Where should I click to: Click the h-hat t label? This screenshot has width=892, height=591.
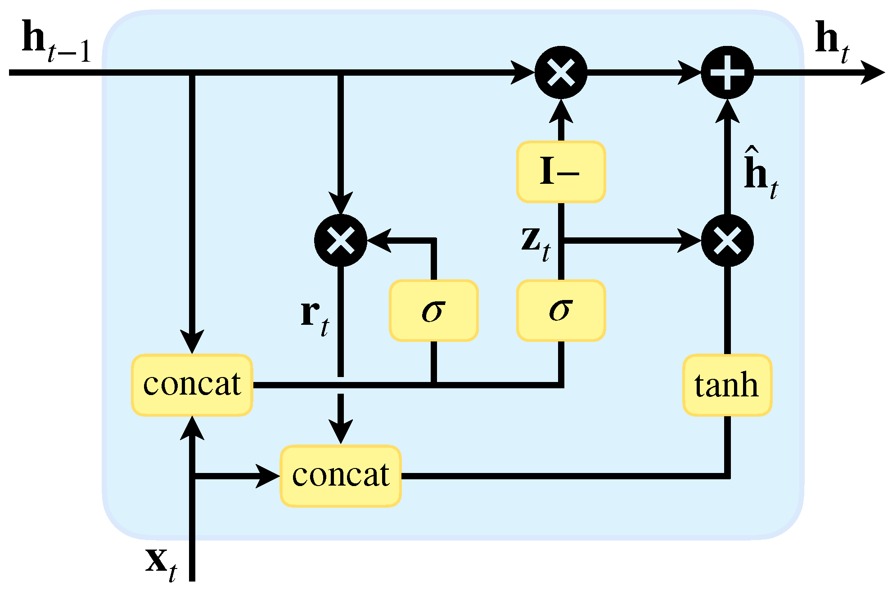760,173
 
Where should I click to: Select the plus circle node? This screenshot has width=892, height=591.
727,73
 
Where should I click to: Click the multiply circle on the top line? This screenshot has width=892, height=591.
561,73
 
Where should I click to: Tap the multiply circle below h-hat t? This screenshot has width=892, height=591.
727,241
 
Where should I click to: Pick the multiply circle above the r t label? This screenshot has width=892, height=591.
341,241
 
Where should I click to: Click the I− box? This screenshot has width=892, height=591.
561,172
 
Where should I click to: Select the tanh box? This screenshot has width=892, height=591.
727,385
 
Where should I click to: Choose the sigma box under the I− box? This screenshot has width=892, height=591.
561,310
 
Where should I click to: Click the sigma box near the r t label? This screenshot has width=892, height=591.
433,310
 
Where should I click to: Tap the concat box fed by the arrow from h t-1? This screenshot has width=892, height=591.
192,385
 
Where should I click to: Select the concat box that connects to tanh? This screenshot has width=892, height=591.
341,476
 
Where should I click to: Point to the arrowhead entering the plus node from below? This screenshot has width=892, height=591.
727,110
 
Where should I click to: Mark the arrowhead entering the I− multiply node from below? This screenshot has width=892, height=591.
561,110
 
